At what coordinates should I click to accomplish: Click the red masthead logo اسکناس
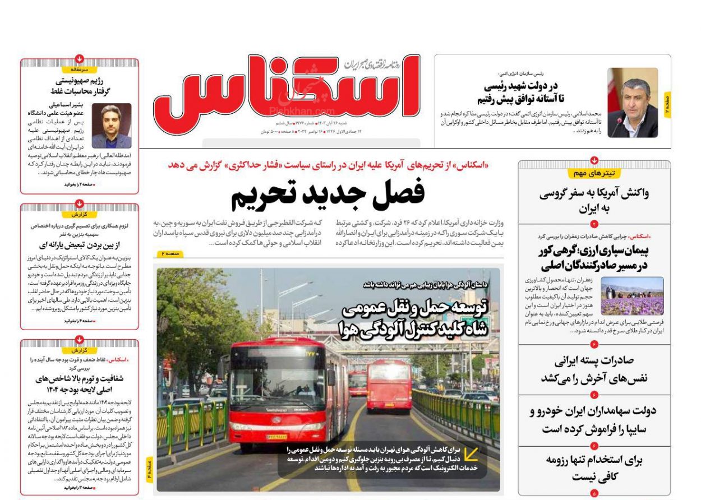[x=286, y=90]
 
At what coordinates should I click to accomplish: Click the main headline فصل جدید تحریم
[x=328, y=194]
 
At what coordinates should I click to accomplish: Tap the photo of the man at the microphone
[x=632, y=103]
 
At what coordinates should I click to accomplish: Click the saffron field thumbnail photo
[x=632, y=295]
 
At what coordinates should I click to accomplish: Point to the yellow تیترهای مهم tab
[x=594, y=173]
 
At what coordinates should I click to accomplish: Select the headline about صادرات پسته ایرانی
[x=594, y=369]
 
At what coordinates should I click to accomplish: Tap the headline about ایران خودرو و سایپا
[x=594, y=420]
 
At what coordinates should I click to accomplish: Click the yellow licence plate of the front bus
[x=276, y=437]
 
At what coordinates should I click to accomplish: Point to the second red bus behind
[x=389, y=385]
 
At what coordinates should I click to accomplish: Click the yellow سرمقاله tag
[x=80, y=70]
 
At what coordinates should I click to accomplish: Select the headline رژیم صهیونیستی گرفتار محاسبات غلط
[x=80, y=86]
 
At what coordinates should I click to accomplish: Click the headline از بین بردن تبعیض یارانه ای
[x=80, y=245]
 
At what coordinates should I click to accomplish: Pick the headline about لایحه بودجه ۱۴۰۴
[x=80, y=384]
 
